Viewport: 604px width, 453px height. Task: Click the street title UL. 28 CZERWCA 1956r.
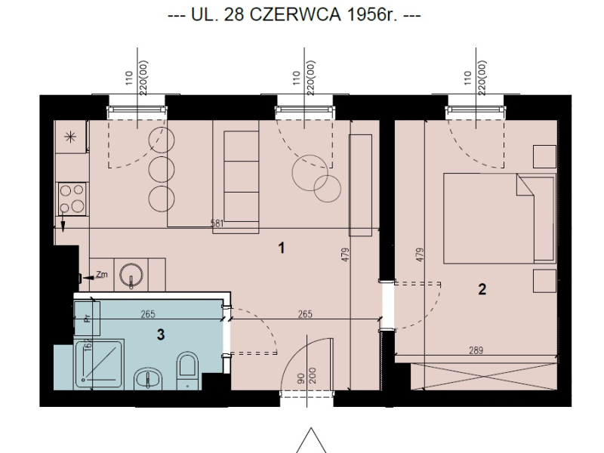(294, 15)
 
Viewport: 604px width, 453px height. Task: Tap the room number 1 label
(282, 248)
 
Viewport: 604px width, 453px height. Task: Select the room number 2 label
(482, 289)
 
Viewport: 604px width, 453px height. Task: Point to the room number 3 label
(161, 334)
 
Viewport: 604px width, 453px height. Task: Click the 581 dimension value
(217, 223)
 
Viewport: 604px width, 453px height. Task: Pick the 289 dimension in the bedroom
(476, 350)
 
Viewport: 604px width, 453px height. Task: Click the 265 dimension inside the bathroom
(148, 314)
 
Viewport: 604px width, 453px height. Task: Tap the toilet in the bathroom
(187, 371)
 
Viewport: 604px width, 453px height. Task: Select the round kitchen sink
(131, 276)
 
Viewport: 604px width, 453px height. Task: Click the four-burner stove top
(72, 199)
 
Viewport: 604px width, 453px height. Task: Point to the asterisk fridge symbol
(70, 137)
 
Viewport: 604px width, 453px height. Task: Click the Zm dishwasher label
(102, 275)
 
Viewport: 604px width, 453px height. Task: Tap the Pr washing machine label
(87, 318)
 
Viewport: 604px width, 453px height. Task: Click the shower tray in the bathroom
(99, 364)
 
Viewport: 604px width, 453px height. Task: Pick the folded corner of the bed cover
(525, 185)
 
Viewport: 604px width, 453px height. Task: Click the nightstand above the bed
(544, 156)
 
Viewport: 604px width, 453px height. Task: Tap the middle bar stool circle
(162, 169)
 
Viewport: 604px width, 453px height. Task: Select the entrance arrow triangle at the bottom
(311, 440)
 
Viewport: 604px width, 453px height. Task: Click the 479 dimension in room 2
(421, 255)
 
